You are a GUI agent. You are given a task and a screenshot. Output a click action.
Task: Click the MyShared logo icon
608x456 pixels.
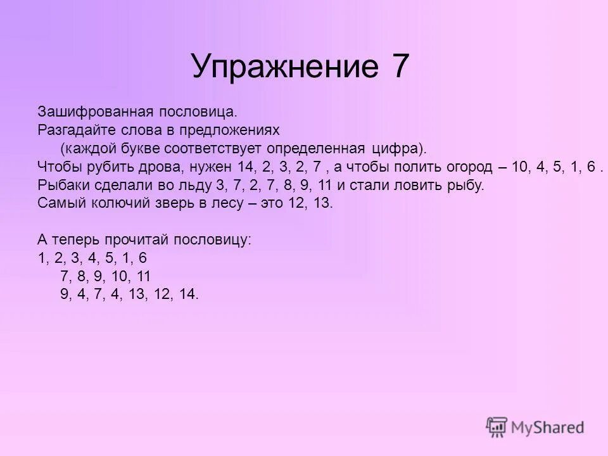(497, 426)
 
